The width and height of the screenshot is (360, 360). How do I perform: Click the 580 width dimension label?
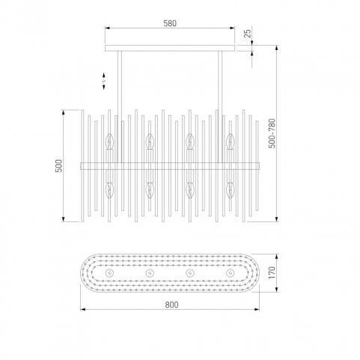170,23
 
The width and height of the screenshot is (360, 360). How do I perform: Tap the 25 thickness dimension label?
248,34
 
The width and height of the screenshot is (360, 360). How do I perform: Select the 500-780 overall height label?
272,133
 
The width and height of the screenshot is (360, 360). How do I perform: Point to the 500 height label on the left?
59,165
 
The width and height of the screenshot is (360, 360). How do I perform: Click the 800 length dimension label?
171,305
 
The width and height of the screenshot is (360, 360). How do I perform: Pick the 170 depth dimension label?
272,272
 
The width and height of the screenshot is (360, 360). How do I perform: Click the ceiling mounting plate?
170,48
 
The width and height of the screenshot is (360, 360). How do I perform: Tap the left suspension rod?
120,107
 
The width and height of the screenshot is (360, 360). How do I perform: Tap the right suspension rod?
220,107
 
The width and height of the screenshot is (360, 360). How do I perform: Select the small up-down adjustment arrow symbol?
104,81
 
